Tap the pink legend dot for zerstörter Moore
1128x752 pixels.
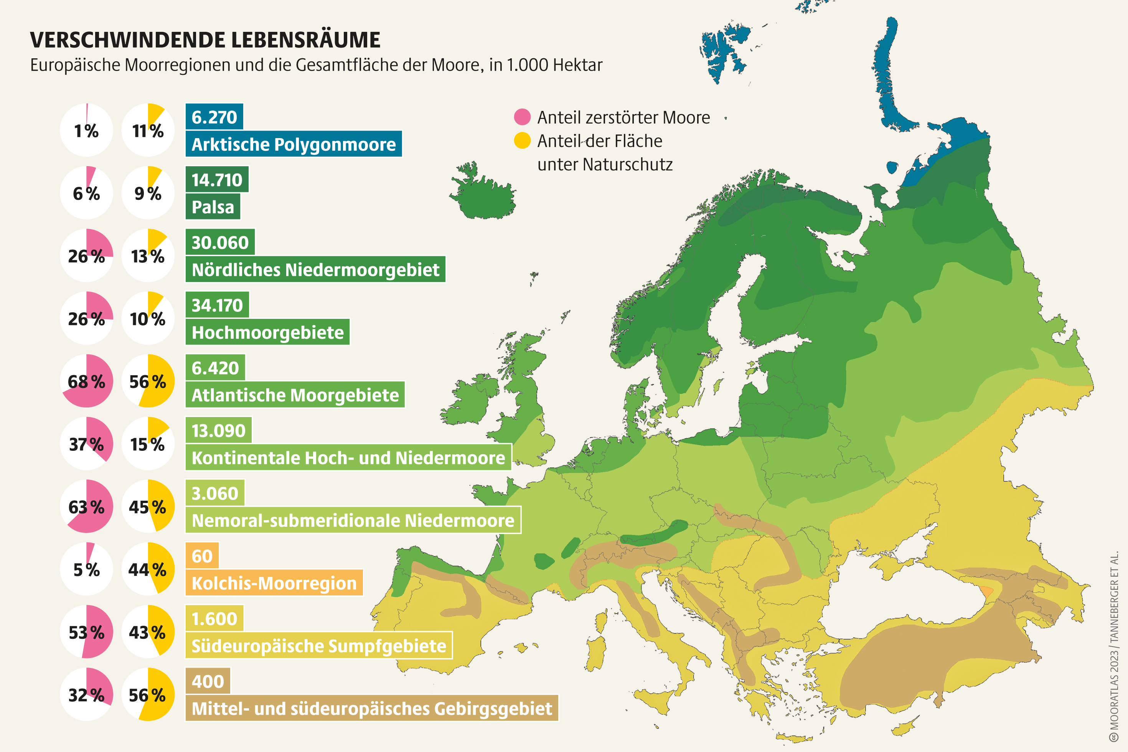click(x=522, y=117)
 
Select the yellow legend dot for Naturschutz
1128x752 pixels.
click(x=522, y=140)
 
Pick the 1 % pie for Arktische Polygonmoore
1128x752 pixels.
click(x=87, y=130)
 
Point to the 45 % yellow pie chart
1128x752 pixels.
click(x=148, y=506)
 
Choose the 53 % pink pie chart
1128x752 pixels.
click(x=87, y=632)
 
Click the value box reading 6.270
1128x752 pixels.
click(x=214, y=117)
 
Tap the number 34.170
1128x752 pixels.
click(x=217, y=305)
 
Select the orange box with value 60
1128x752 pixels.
click(x=202, y=556)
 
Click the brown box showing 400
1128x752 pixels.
click(x=208, y=681)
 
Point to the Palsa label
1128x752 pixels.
click(x=213, y=207)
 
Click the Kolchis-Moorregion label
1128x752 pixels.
click(x=274, y=583)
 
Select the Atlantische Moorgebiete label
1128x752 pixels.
click(x=295, y=395)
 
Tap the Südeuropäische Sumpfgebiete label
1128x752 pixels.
click(x=319, y=645)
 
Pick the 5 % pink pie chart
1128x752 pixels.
click(x=87, y=569)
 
